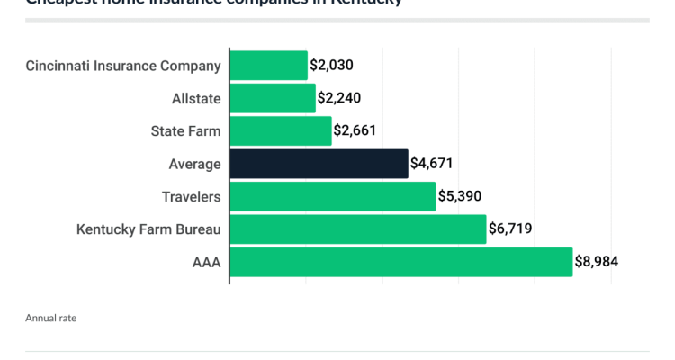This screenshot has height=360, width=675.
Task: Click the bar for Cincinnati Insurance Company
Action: tap(268, 66)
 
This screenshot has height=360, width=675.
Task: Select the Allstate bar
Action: tap(273, 98)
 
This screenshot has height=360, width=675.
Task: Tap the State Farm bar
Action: tap(281, 131)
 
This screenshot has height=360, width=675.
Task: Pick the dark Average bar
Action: tap(319, 164)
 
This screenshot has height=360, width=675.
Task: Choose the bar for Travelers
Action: tap(332, 196)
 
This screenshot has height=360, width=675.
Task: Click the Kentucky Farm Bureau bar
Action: tap(357, 229)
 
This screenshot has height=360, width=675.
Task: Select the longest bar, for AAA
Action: tap(400, 262)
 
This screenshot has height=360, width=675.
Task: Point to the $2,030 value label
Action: tap(331, 66)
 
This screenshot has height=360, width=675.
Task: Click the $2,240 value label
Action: tap(340, 98)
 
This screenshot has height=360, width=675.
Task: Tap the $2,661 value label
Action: tap(355, 131)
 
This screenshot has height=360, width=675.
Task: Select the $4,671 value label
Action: tap(432, 164)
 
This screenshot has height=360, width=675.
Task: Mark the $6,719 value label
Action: tap(510, 229)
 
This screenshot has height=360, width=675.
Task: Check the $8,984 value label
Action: tap(597, 262)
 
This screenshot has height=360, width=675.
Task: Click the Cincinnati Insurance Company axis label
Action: tap(123, 66)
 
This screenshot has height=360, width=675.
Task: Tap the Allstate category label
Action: tap(196, 98)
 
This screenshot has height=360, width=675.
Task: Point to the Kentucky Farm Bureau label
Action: tap(148, 229)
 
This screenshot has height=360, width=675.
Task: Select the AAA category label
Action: tap(206, 262)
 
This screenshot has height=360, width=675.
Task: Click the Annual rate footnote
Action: tap(50, 318)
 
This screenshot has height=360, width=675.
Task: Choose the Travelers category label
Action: tap(191, 196)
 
